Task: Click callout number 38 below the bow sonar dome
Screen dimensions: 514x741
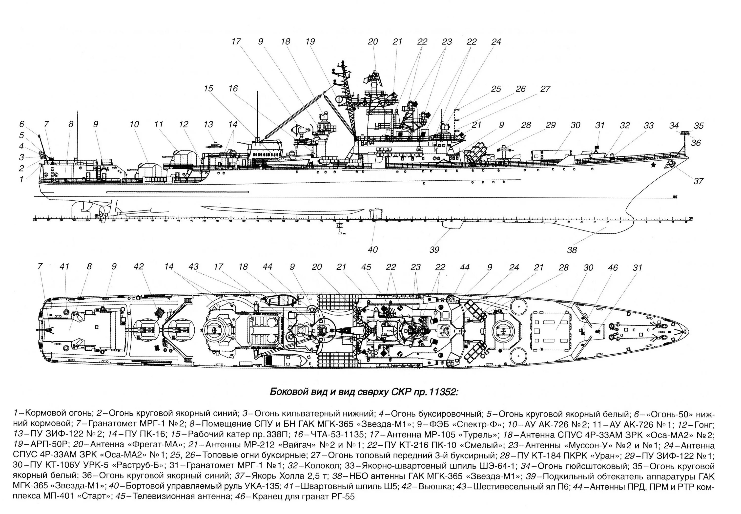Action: coord(572,250)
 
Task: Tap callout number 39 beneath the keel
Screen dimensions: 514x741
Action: coord(434,249)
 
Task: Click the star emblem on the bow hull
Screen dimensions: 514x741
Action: coord(653,166)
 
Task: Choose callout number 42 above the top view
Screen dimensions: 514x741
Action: coord(139,267)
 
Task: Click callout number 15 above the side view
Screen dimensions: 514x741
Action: coord(208,88)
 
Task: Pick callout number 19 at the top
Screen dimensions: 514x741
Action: coord(310,41)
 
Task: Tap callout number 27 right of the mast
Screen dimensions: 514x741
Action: coord(545,89)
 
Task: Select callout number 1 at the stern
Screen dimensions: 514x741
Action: coord(21,179)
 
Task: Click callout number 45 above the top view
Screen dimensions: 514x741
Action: coord(366,267)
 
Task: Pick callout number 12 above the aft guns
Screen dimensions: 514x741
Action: coord(183,124)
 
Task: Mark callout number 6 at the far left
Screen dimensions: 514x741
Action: coord(21,124)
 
